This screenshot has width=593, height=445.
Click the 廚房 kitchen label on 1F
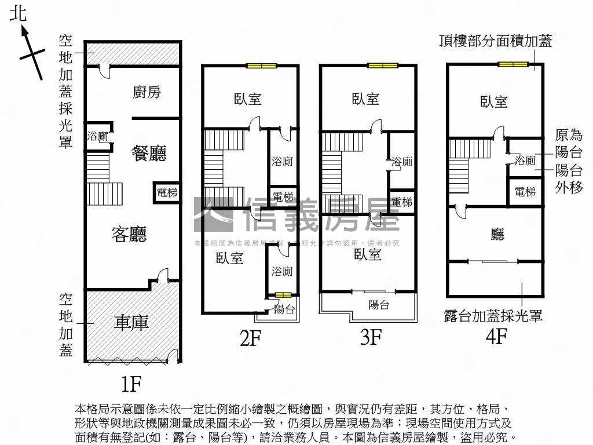coord(147,92)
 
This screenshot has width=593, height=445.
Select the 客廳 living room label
coord(129,234)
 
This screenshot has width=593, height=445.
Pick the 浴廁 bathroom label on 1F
coord(97,137)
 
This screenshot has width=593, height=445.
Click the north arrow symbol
coord(32,52)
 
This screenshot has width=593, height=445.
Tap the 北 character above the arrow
coord(19,14)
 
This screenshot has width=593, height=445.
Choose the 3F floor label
coord(370,337)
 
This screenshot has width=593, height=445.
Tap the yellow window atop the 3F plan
coord(382,65)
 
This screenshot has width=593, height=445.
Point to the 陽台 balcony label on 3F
coord(379,305)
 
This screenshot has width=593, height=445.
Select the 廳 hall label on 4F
coord(497,234)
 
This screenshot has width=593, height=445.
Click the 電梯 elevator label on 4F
coord(525,192)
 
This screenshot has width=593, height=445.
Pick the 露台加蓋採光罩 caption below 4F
coord(493,316)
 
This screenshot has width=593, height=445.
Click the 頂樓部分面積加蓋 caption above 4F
coord(495,41)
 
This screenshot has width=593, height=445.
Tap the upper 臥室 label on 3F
coord(366,99)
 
